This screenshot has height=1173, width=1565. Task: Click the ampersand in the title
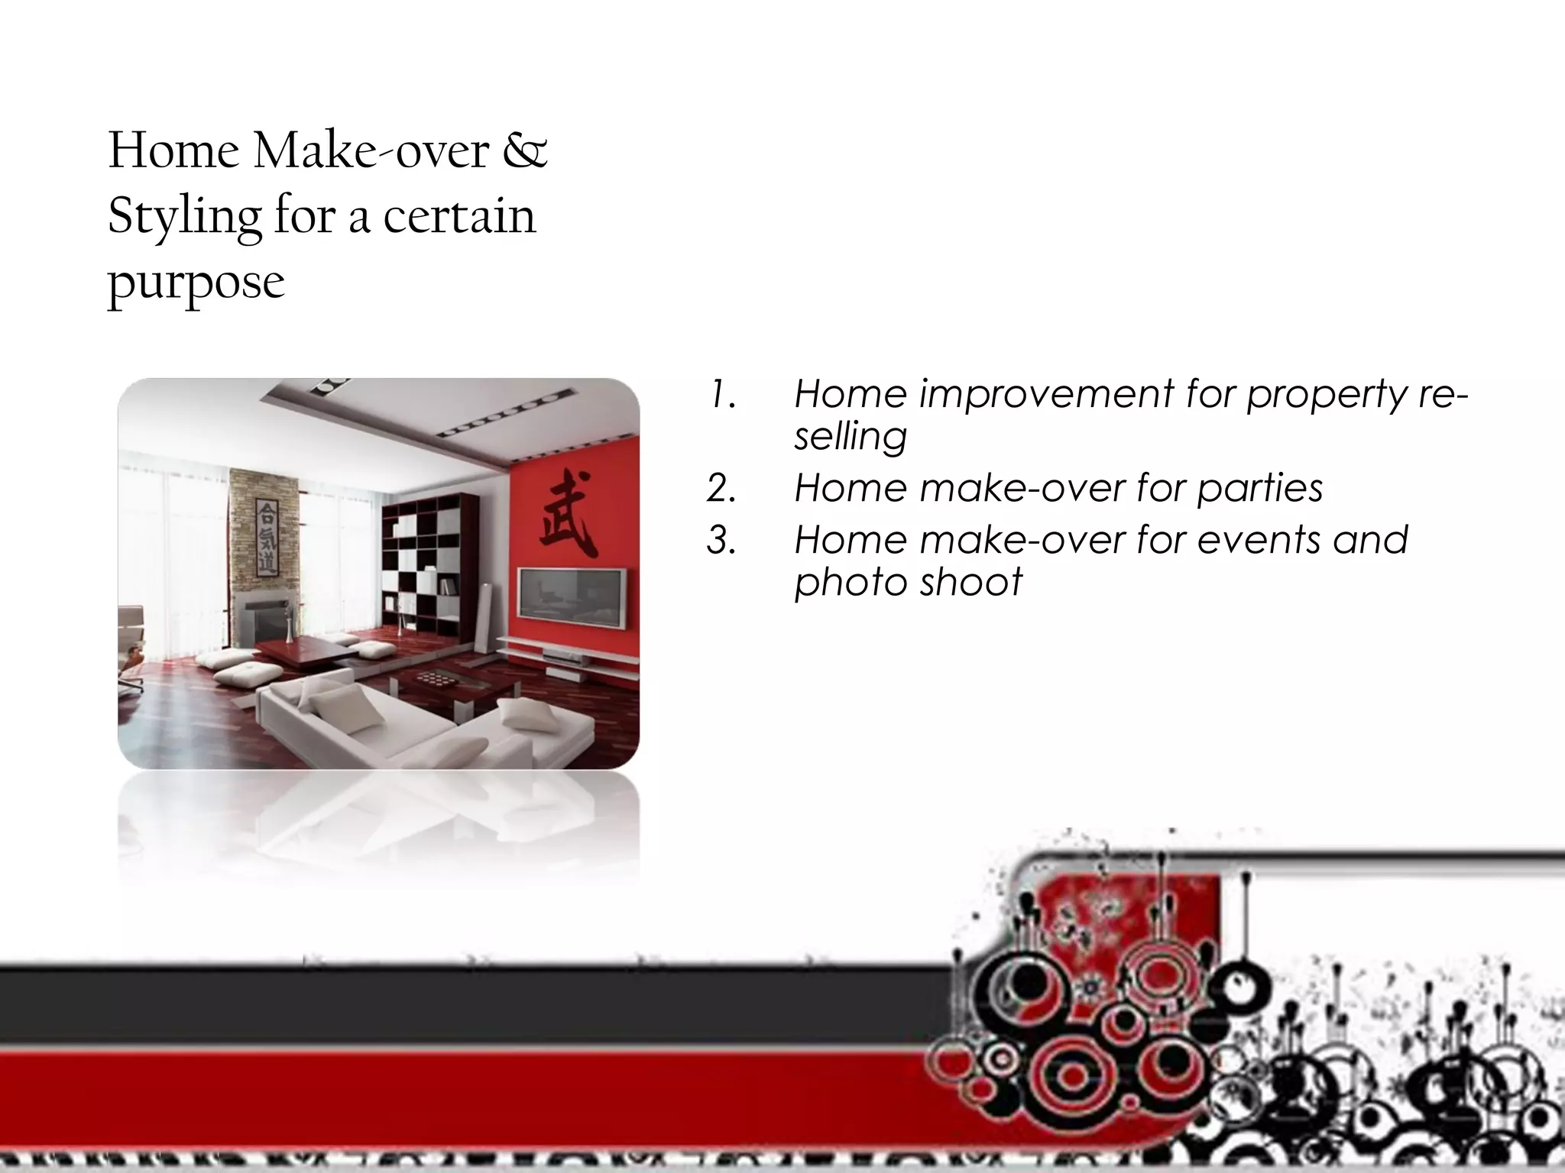tap(525, 150)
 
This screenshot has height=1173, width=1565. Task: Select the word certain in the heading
tap(458, 217)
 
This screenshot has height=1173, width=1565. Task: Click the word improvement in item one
tap(1045, 395)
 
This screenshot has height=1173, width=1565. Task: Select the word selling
tap(850, 438)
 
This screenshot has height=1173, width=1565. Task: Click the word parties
tap(1259, 489)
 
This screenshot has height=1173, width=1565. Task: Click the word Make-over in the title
tap(371, 150)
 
